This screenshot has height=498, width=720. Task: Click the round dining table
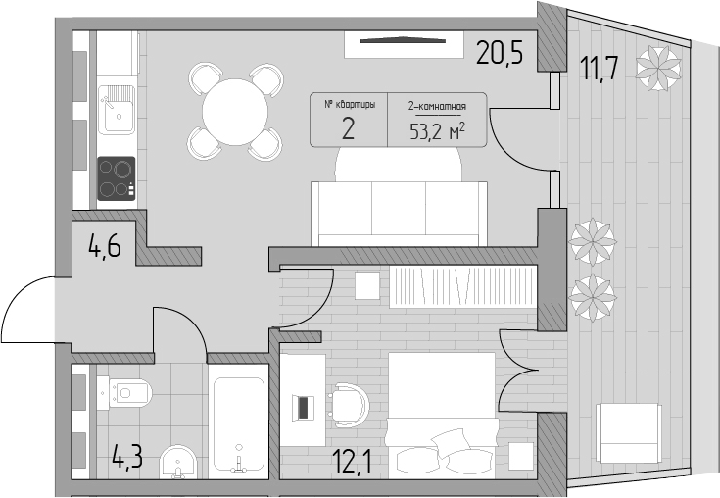[x=235, y=112]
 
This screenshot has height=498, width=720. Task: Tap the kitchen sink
[x=117, y=110]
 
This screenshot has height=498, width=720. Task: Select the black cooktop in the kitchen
[x=117, y=178]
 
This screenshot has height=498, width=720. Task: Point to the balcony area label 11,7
[x=599, y=68]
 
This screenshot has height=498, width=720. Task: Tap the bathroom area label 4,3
[x=127, y=457]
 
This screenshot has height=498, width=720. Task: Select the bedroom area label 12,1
[x=353, y=462]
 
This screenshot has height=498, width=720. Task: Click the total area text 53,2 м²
[x=437, y=132]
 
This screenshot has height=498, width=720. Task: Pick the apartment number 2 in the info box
[x=348, y=129]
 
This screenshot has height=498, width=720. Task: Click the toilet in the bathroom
[x=124, y=393]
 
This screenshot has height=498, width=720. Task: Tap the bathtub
[x=239, y=424]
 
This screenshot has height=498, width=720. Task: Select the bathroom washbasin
[x=178, y=462]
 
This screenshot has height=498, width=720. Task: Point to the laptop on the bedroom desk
[x=303, y=407]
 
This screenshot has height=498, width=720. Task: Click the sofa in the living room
[x=399, y=214]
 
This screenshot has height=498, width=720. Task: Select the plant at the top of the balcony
[x=658, y=68]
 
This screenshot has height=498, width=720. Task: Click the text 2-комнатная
[x=437, y=107]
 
